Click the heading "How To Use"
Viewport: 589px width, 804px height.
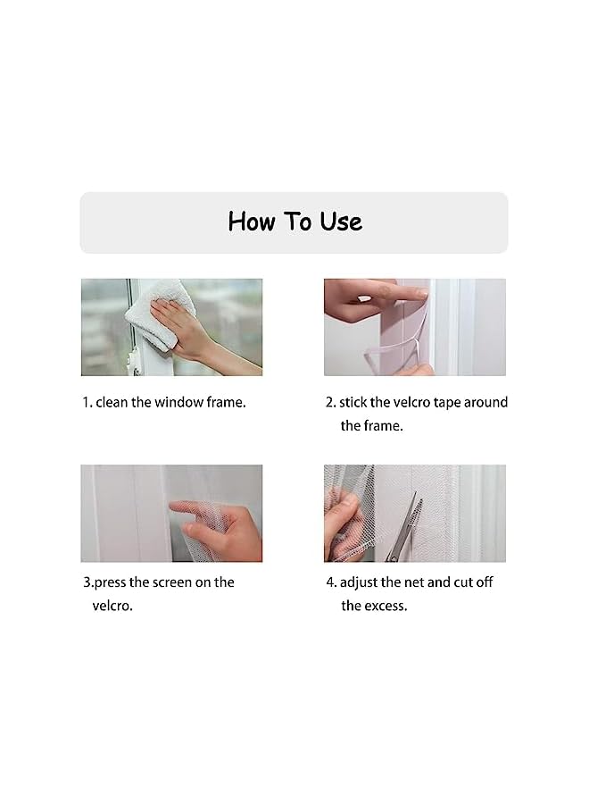pyautogui.click(x=294, y=222)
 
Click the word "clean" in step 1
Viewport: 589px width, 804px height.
pyautogui.click(x=112, y=402)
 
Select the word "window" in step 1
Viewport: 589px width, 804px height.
pyautogui.click(x=179, y=402)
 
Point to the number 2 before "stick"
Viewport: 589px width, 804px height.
pyautogui.click(x=329, y=402)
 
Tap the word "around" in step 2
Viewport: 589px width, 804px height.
pyautogui.click(x=487, y=402)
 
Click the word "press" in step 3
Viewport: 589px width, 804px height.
pyautogui.click(x=110, y=582)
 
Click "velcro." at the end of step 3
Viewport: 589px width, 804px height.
pyautogui.click(x=112, y=606)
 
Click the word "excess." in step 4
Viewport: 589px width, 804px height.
pyautogui.click(x=385, y=606)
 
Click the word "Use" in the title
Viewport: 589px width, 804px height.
pyautogui.click(x=341, y=222)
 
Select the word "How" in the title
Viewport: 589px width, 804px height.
pyautogui.click(x=249, y=222)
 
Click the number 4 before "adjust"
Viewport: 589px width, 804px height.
pyautogui.click(x=329, y=582)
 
